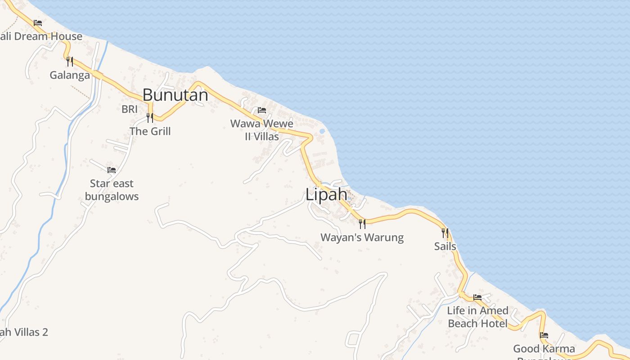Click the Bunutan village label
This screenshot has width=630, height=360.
[175, 95]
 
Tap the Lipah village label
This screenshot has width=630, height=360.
[326, 195]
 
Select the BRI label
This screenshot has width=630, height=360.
[129, 109]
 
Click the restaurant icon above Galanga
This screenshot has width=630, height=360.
[69, 61]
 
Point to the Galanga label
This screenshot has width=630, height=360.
[70, 75]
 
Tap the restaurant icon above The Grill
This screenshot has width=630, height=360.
[150, 117]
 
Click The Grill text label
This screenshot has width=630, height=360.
[150, 131]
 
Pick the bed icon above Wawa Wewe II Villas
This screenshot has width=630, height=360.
[261, 110]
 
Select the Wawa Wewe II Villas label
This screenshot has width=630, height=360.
[261, 130]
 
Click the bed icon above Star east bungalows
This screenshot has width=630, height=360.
[112, 170]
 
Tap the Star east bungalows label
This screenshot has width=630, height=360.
[112, 190]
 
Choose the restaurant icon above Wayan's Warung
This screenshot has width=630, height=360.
[362, 224]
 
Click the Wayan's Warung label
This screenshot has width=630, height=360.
[362, 238]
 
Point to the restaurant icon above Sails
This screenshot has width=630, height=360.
[445, 233]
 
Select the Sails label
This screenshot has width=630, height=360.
[445, 246]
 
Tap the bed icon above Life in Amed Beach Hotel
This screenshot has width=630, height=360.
[477, 297]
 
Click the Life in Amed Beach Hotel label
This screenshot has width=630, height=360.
[477, 317]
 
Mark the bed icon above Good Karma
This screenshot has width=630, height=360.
[544, 335]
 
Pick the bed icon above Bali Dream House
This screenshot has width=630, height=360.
[38, 22]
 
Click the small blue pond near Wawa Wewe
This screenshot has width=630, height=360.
[322, 131]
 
